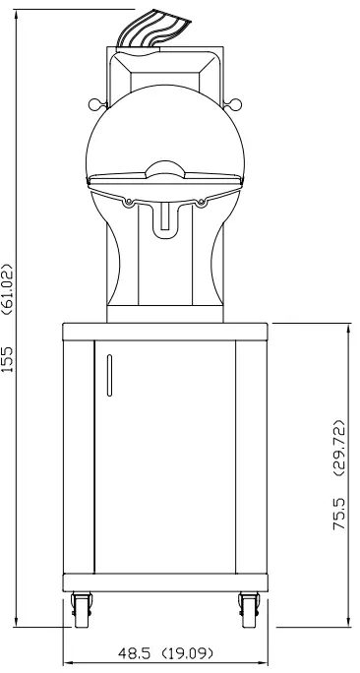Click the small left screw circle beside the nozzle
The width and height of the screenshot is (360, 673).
coord(129,204)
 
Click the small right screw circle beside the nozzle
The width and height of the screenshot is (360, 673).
coord(201,204)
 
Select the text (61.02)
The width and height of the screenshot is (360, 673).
coord(9,292)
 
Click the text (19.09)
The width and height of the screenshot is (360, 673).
coord(190,651)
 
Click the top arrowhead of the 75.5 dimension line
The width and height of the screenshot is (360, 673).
coord(349,328)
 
